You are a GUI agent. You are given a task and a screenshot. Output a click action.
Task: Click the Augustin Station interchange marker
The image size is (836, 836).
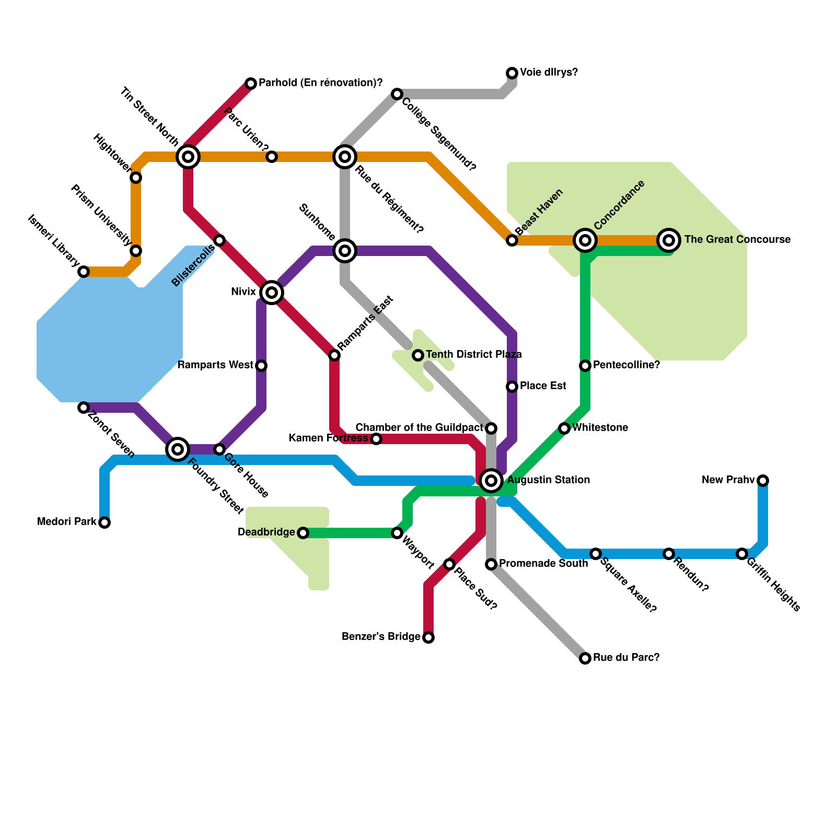(491, 481)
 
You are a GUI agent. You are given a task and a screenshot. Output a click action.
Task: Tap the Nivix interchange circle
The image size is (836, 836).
(272, 293)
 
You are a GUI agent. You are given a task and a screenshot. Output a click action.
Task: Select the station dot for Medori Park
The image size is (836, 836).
(104, 522)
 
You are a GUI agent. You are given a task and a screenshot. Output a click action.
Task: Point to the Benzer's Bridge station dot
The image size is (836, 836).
(428, 637)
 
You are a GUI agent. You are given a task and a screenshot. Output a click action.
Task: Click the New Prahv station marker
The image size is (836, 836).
(763, 481)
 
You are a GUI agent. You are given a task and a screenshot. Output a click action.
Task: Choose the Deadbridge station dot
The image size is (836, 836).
(303, 533)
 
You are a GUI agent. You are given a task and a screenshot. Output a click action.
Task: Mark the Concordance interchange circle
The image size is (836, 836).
(585, 240)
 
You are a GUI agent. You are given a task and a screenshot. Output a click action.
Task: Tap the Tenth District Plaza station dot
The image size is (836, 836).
(418, 355)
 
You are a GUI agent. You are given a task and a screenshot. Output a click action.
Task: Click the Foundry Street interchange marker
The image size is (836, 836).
(178, 449)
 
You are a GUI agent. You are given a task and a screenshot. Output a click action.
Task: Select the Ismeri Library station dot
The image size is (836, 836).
(84, 272)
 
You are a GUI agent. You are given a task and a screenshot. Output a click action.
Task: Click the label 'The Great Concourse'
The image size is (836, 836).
(737, 240)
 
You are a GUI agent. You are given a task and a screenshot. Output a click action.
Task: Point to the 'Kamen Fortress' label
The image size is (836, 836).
(328, 438)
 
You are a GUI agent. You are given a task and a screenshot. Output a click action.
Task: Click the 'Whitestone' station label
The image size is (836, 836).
(600, 428)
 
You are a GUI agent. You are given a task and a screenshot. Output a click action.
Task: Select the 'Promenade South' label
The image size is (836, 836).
(543, 564)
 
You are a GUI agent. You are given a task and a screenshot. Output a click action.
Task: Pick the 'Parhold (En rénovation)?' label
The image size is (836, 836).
(320, 83)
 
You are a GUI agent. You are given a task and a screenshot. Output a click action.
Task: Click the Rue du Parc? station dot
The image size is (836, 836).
(585, 658)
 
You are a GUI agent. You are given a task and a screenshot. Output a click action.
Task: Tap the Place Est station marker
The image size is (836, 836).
(512, 387)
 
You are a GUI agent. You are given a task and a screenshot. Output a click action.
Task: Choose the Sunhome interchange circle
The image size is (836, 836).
(345, 251)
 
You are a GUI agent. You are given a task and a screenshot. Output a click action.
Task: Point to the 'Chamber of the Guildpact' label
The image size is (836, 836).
(420, 428)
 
